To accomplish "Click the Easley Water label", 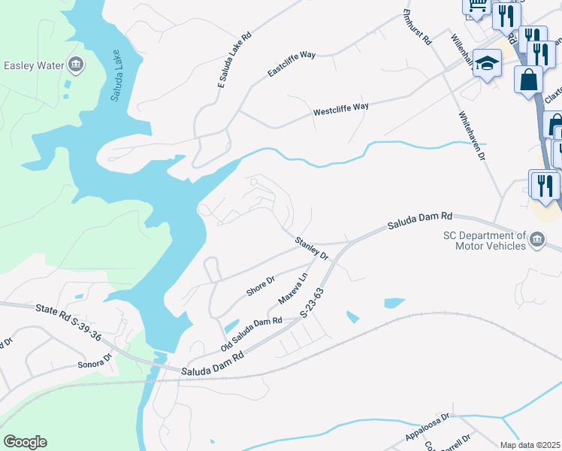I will [x=34, y=65].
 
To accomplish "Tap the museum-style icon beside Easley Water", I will [x=76, y=65].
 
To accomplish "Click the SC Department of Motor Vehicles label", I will [x=483, y=241].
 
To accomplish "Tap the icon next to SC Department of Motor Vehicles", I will [x=538, y=241].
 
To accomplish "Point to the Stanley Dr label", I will [x=312, y=248].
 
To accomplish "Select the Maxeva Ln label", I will [x=293, y=289].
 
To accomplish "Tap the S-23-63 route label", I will [x=315, y=304].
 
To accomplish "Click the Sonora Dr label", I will [x=94, y=359].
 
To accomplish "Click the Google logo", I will [x=25, y=441].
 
